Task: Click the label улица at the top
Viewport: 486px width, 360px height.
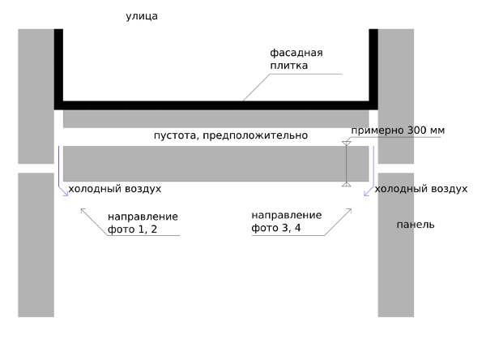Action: (142, 16)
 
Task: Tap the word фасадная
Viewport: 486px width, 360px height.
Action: (296, 53)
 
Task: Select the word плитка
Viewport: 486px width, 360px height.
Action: (289, 66)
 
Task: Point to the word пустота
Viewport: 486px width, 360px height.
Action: (176, 135)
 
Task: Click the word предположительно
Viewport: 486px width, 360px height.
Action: (255, 135)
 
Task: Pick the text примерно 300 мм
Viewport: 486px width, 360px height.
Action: (398, 131)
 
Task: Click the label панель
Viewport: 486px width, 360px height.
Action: (416, 225)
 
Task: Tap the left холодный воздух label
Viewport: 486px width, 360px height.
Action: (115, 189)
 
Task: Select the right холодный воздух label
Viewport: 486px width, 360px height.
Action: (421, 189)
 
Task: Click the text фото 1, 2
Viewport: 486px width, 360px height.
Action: (132, 229)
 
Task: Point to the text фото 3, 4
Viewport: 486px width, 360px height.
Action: (276, 228)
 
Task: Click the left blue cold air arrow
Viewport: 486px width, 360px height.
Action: (59, 171)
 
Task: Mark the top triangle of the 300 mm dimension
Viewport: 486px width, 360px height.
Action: (347, 144)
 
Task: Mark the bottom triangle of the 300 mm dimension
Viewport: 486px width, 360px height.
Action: (347, 184)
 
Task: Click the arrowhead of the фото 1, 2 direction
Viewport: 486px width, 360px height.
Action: (81, 209)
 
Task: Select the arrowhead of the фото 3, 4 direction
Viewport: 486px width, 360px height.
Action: (351, 209)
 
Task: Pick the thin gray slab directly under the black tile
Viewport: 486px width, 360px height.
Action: (216, 118)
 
